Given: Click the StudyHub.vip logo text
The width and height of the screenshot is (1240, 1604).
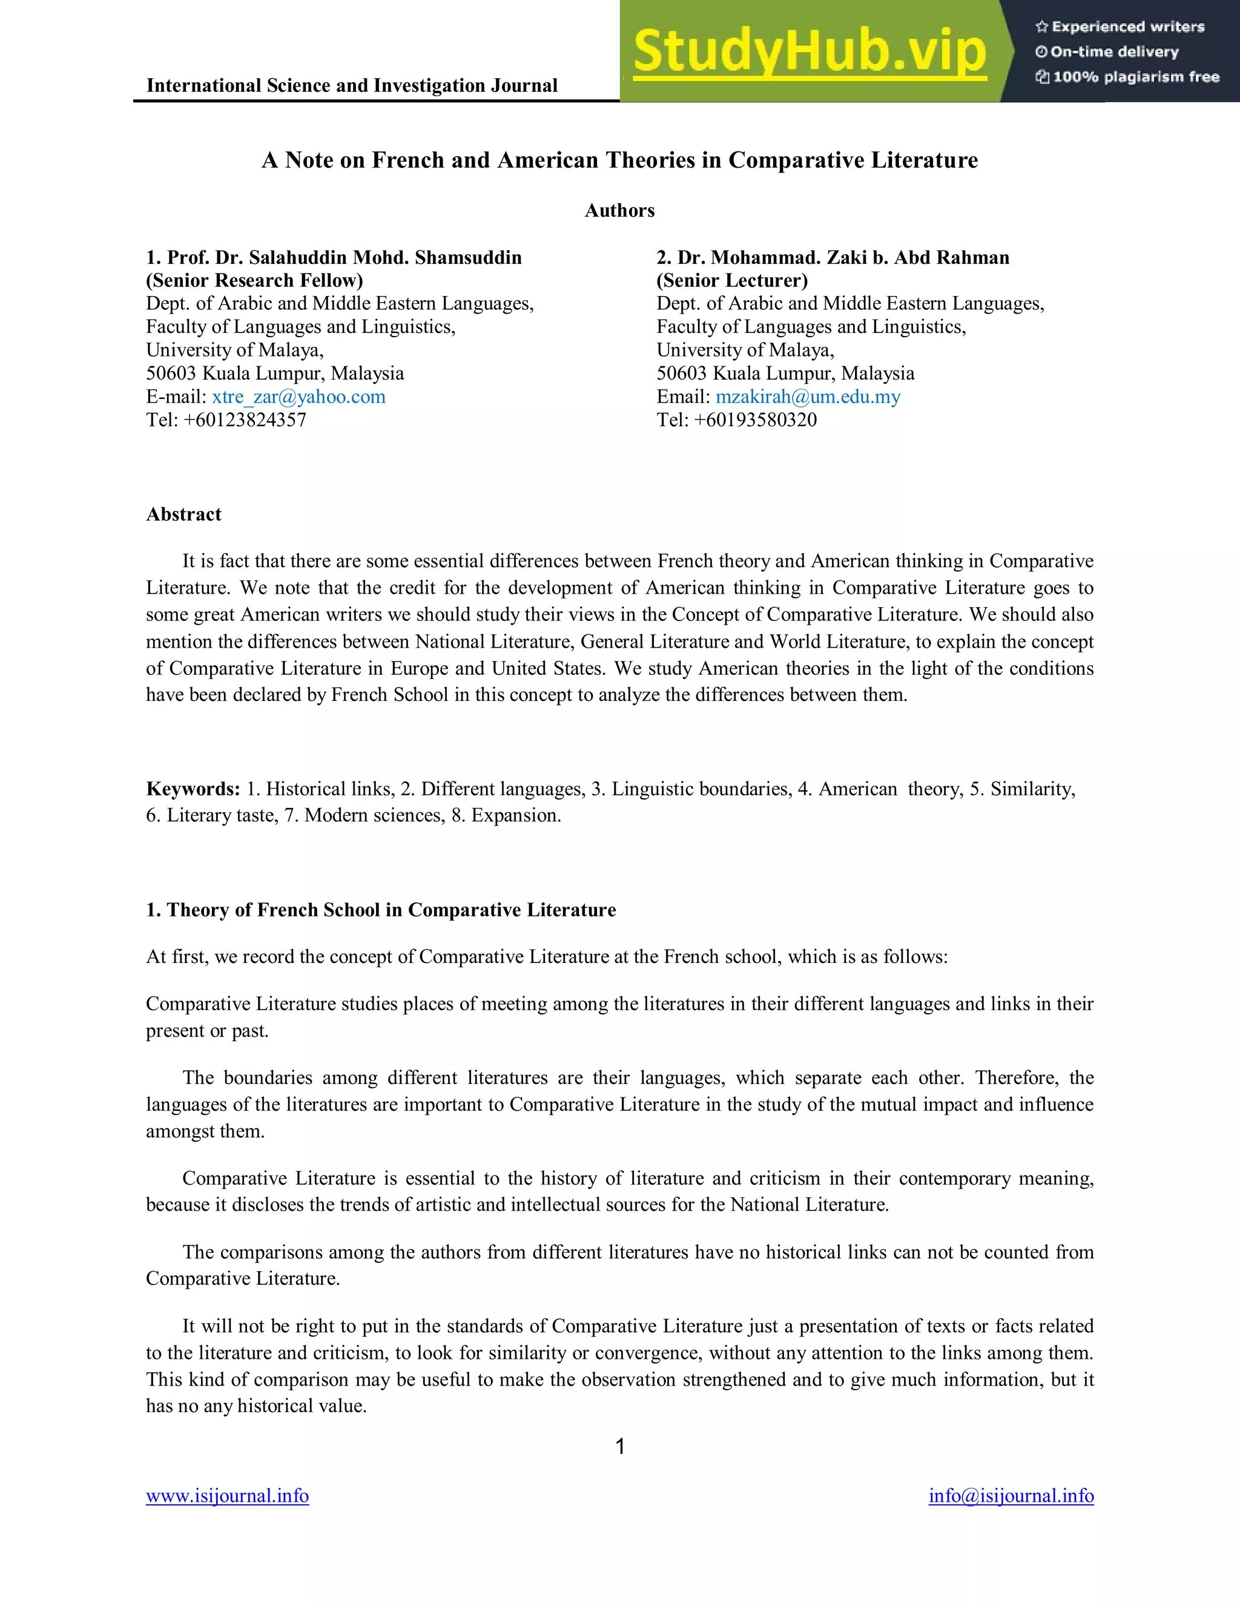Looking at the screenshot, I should click(809, 51).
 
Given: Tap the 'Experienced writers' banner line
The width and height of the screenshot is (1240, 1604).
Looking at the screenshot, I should click(1120, 27).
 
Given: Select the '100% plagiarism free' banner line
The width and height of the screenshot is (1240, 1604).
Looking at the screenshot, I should click(1127, 77).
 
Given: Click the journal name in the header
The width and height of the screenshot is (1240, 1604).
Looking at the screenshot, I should click(352, 85).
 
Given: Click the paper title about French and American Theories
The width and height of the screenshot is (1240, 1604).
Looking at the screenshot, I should click(619, 160).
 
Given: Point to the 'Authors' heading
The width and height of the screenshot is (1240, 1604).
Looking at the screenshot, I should click(619, 211).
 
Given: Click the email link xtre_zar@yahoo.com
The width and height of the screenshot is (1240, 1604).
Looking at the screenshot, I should click(298, 396).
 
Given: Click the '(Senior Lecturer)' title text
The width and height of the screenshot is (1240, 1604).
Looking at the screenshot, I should click(731, 281).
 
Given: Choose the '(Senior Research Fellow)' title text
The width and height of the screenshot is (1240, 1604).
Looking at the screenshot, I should click(254, 281).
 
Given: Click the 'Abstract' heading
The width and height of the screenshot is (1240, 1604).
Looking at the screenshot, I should click(183, 514).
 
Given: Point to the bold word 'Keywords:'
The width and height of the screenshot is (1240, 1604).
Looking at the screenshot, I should click(193, 789).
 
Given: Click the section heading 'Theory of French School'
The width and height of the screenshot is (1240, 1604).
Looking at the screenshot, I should click(380, 910).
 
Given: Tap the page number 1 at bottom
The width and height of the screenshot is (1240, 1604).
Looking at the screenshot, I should click(619, 1447).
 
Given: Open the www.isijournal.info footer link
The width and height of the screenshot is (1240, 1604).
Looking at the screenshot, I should click(227, 1496).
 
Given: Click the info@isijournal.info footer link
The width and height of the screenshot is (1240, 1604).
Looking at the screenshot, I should click(1011, 1496).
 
